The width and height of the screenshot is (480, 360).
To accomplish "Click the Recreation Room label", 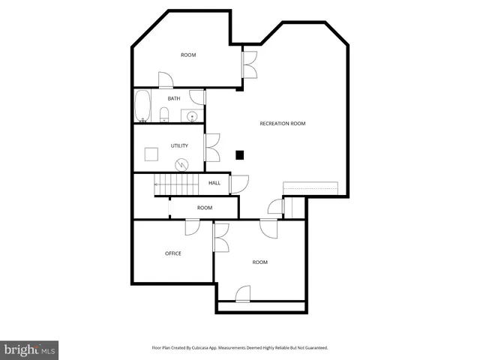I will (x=283, y=123).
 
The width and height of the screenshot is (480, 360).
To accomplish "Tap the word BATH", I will (x=173, y=98).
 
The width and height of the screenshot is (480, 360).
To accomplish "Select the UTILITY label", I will (x=179, y=145).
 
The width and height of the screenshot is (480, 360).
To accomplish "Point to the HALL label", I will (x=214, y=183).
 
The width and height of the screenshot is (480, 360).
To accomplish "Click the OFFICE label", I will (x=173, y=253).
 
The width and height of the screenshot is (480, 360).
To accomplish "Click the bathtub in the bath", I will (x=142, y=106).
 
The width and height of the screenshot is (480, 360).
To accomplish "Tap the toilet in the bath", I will (x=164, y=114).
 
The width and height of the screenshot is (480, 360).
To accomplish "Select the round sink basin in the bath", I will (x=193, y=116).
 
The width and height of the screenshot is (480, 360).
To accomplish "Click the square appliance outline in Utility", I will (x=152, y=154).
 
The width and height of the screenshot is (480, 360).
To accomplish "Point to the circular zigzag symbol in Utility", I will (x=181, y=164).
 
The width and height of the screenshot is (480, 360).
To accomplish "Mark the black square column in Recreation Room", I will (x=240, y=155).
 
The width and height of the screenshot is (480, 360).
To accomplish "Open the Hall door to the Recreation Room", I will (x=239, y=184).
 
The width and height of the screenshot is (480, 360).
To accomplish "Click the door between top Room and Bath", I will (x=166, y=80).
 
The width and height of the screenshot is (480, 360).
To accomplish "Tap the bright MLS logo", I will (x=29, y=350).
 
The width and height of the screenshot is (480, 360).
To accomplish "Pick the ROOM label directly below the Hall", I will (x=205, y=208).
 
